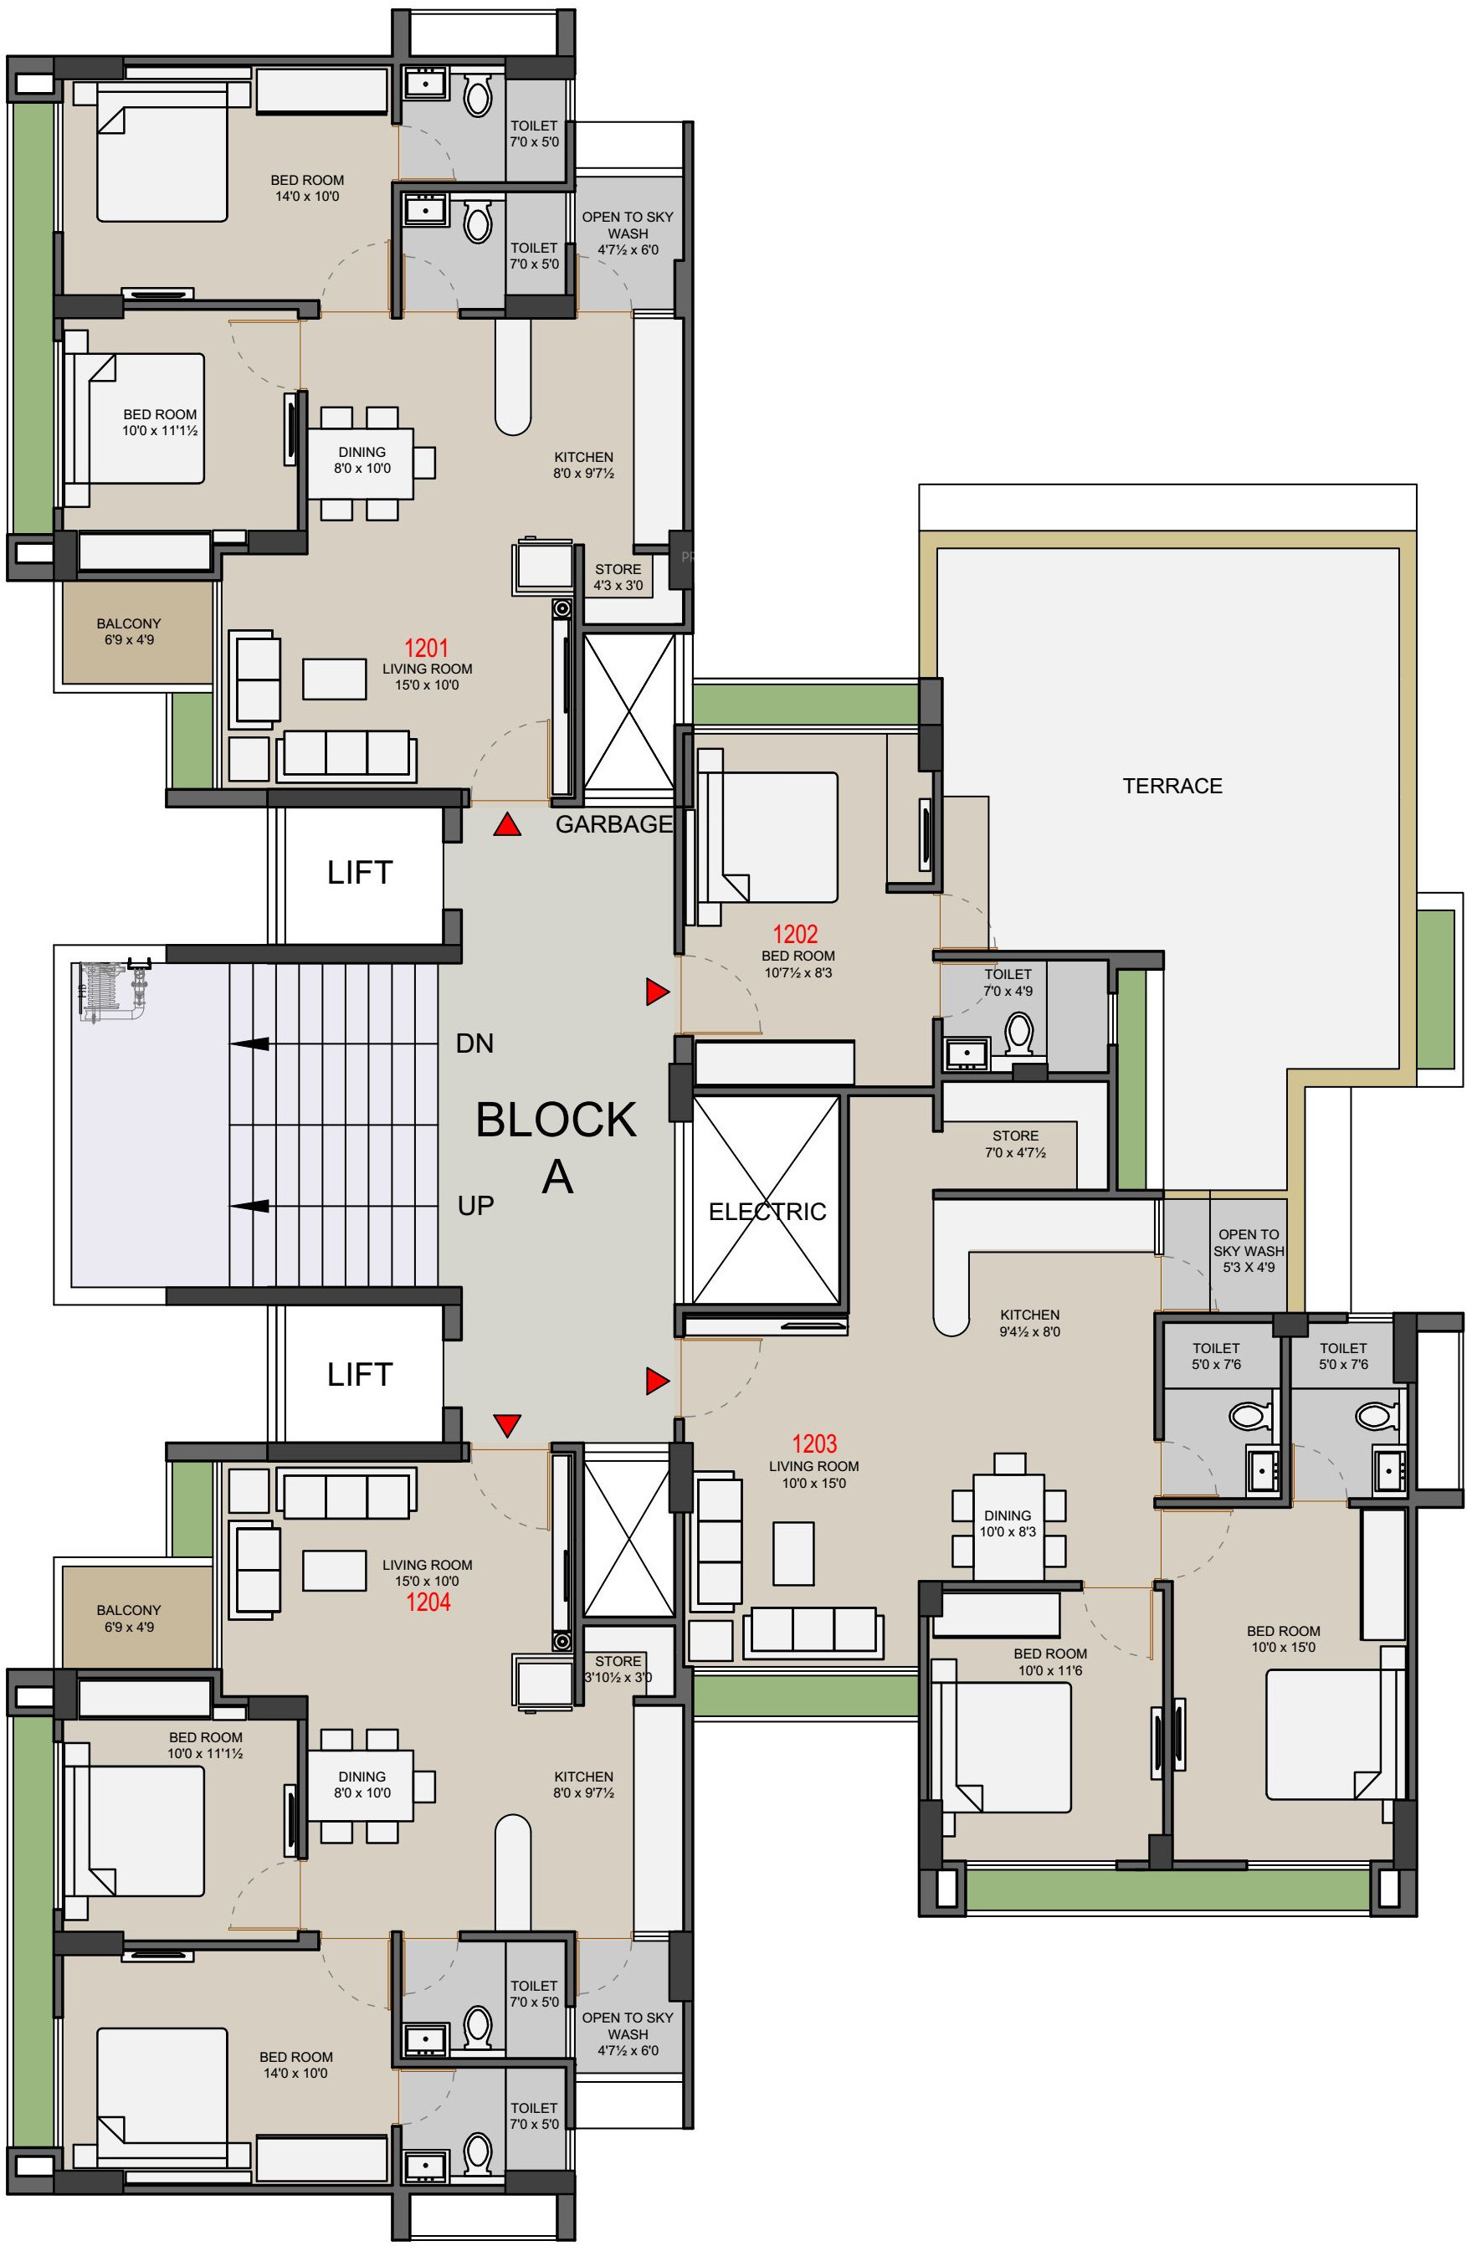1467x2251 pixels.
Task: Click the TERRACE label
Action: [x=1172, y=786]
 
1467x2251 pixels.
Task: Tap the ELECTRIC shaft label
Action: [x=767, y=1212]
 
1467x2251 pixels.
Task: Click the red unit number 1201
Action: [x=427, y=648]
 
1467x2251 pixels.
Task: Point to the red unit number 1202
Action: [x=796, y=935]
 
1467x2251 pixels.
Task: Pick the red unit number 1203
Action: [x=814, y=1443]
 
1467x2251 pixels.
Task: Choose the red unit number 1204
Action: [x=428, y=1602]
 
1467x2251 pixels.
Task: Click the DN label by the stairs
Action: [x=474, y=1043]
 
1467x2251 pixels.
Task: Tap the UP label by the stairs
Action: [x=476, y=1206]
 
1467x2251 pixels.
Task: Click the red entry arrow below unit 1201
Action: [x=508, y=826]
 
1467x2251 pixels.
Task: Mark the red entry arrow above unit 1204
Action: [x=508, y=1424]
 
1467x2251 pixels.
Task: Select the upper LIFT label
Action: [x=359, y=872]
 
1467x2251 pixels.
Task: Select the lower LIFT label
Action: [x=359, y=1373]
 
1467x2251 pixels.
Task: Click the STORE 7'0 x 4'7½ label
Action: [x=1016, y=1145]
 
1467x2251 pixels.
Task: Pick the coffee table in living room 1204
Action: [x=335, y=1570]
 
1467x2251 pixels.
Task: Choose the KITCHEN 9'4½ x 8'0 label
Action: [x=1030, y=1323]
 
